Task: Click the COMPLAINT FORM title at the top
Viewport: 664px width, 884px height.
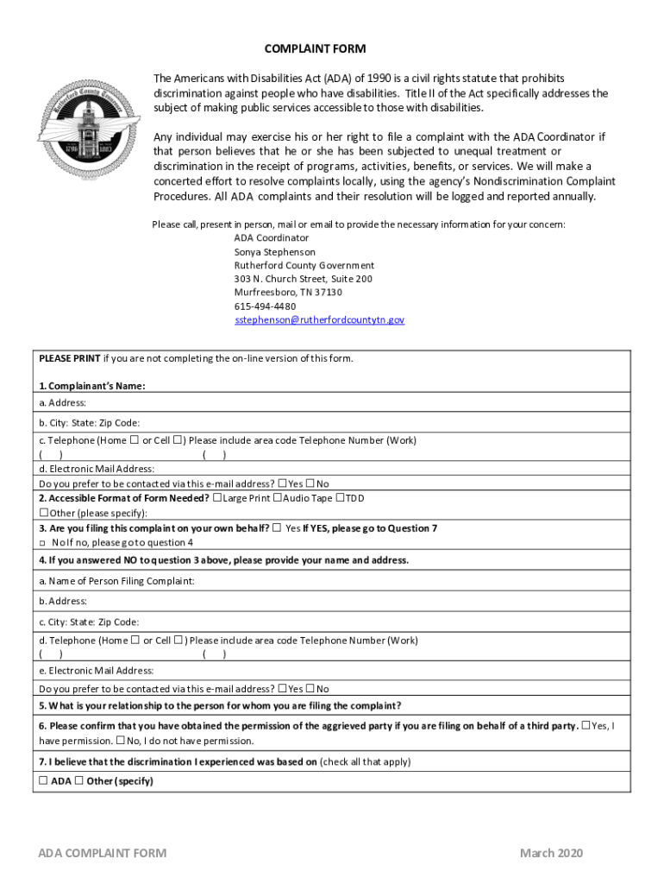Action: point(309,48)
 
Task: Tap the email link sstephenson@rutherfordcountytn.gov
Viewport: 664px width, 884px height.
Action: point(319,319)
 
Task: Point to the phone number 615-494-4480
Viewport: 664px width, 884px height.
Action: point(265,306)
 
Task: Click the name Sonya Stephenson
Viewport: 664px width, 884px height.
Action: point(275,251)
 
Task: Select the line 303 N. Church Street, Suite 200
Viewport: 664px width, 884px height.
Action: point(304,279)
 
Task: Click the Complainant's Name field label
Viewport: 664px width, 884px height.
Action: point(91,386)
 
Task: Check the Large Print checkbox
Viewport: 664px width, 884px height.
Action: point(216,498)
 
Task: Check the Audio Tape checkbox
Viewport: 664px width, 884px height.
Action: point(278,498)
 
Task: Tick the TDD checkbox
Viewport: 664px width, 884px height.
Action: point(340,498)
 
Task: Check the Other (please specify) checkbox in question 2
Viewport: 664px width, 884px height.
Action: point(43,513)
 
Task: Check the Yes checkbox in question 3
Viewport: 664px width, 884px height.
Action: point(276,527)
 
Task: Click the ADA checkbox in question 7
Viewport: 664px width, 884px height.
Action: point(43,781)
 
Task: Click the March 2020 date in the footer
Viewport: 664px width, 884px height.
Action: point(551,853)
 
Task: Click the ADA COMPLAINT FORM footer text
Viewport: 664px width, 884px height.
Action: point(103,853)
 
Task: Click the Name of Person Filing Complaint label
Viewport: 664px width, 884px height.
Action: point(116,581)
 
